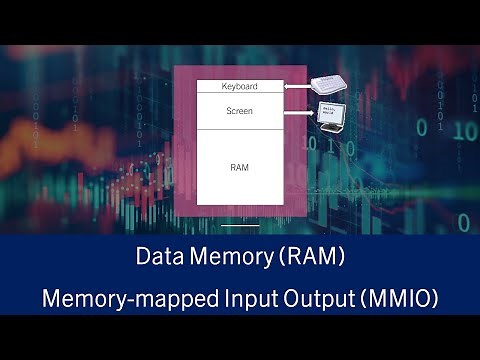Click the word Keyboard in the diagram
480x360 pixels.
pyautogui.click(x=239, y=87)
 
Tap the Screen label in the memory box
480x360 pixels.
pyautogui.click(x=239, y=111)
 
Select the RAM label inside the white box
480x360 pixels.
pyautogui.click(x=239, y=167)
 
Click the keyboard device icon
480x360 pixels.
pyautogui.click(x=327, y=86)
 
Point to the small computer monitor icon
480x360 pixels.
pyautogui.click(x=331, y=115)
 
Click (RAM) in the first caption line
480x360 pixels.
pyautogui.click(x=312, y=258)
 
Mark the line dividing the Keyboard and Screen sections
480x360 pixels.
pyautogui.click(x=239, y=93)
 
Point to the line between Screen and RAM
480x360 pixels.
pyautogui.click(x=239, y=129)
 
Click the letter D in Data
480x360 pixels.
pyautogui.click(x=143, y=258)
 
